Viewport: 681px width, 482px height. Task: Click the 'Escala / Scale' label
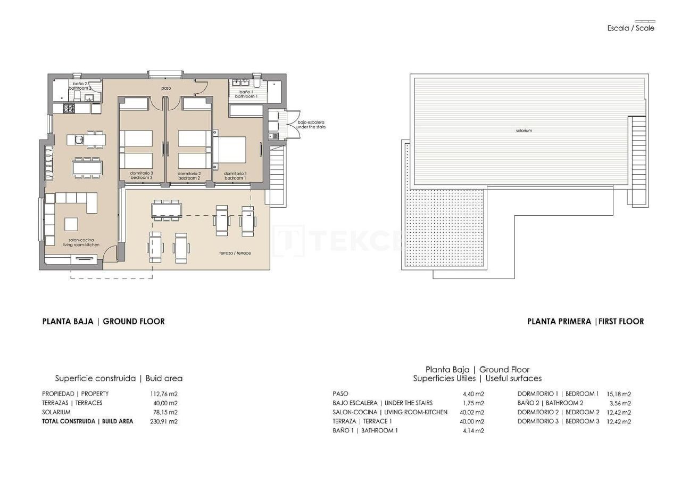point(630,28)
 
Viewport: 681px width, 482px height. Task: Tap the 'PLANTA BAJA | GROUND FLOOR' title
point(103,321)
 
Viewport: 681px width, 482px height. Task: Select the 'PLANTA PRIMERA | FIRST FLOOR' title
point(585,321)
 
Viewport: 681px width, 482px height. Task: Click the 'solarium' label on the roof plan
point(524,130)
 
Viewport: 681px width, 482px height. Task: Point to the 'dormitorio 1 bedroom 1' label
point(235,176)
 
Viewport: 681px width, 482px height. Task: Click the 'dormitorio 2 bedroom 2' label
point(189,176)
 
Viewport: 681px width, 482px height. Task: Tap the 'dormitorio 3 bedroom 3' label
point(142,176)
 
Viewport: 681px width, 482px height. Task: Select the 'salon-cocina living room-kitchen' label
point(81,242)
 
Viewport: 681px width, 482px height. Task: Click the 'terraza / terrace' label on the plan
point(235,253)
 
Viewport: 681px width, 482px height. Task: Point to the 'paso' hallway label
point(167,88)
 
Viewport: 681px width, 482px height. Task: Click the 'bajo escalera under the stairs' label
point(311,125)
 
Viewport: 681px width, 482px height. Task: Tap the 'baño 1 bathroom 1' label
point(246,94)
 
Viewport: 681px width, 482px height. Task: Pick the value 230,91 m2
point(164,421)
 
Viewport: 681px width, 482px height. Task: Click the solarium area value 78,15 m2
point(164,412)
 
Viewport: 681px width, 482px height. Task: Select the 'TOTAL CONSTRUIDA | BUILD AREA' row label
point(88,421)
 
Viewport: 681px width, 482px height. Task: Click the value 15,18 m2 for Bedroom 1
point(618,394)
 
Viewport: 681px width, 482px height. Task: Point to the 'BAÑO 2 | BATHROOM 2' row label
point(550,403)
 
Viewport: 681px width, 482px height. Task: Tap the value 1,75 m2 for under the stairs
point(473,403)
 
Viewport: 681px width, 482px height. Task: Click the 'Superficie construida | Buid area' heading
point(119,378)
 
